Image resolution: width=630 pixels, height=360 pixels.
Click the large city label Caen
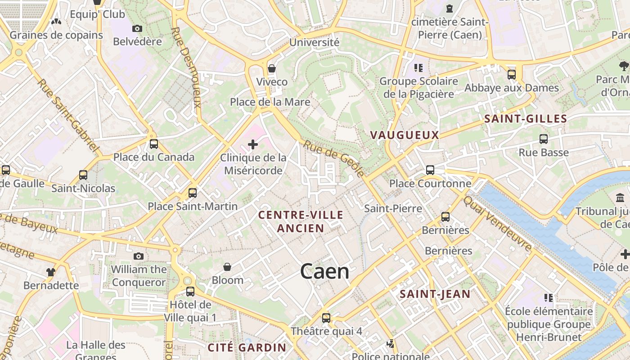pos(324,271)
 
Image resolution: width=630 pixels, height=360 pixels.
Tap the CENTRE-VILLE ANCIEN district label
pos(301,221)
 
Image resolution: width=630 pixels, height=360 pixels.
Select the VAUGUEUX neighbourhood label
pos(404,135)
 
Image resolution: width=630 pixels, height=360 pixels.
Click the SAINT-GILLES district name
pos(525,119)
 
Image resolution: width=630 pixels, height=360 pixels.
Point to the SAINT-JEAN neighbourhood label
pos(435,294)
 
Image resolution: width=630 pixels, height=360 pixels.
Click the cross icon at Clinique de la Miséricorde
pos(253,144)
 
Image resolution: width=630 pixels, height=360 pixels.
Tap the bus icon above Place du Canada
pos(154,144)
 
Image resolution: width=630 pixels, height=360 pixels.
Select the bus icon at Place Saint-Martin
pos(193,193)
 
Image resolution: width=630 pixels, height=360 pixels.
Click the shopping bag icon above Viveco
pos(272,68)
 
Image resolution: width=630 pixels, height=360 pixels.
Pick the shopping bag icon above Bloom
pos(227,267)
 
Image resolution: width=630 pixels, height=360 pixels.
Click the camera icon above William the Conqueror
pos(139,256)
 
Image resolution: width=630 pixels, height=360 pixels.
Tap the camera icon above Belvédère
pos(137,28)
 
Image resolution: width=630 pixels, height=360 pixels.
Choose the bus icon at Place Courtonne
pos(430,170)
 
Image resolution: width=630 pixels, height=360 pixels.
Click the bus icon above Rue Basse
pos(544,139)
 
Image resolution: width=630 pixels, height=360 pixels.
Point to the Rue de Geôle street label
pos(333,158)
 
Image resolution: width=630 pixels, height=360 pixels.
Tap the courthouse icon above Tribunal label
pos(620,198)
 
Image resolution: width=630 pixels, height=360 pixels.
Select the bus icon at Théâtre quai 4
pos(326,318)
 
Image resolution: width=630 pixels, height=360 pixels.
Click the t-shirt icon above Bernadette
pos(51,272)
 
